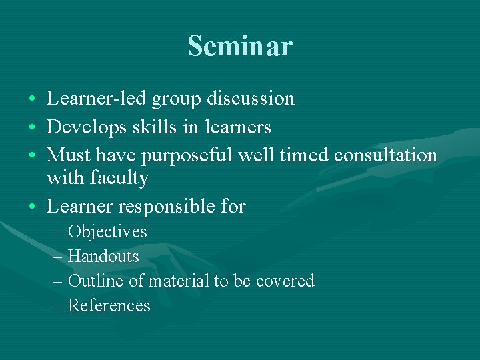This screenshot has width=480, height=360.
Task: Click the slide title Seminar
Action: pyautogui.click(x=239, y=46)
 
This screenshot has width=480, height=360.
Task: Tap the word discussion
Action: pyautogui.click(x=251, y=99)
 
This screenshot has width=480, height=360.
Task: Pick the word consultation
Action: pyautogui.click(x=385, y=155)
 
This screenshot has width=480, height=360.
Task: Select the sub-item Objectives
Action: pyautogui.click(x=107, y=232)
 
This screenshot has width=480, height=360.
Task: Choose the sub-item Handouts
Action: pyautogui.click(x=103, y=257)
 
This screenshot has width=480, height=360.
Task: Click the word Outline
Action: pyautogui.click(x=95, y=281)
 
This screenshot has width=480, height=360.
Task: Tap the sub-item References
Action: pyautogui.click(x=109, y=305)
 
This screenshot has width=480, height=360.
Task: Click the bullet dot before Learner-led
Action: pyautogui.click(x=33, y=99)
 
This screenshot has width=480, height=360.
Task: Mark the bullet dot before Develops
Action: pyautogui.click(x=33, y=127)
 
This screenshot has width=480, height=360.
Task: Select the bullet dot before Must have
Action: pyautogui.click(x=33, y=155)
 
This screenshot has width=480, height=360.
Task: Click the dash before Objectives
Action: pyautogui.click(x=57, y=233)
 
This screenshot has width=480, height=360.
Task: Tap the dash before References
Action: pyautogui.click(x=57, y=306)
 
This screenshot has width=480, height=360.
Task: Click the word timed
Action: pyautogui.click(x=304, y=155)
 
